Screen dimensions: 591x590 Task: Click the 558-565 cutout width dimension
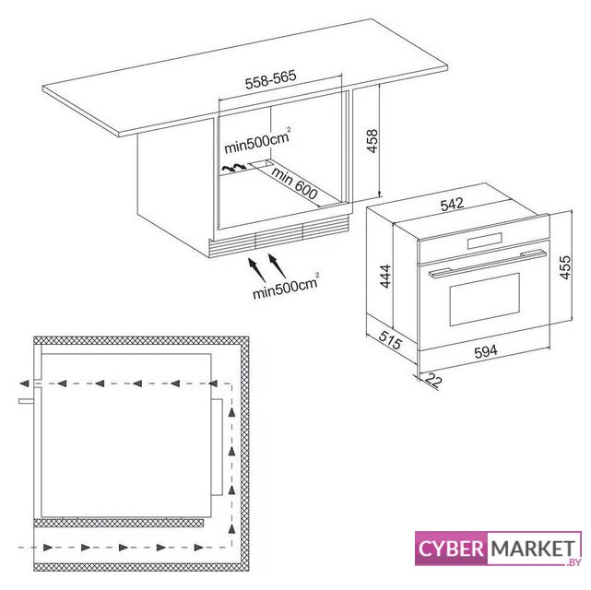[x=271, y=79]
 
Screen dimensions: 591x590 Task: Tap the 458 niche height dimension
[x=372, y=141]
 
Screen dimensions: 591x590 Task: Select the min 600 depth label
[x=294, y=183]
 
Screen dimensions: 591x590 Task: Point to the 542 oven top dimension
[x=452, y=205]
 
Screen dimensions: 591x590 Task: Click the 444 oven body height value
[x=385, y=277]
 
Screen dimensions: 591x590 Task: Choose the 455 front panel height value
[x=565, y=267]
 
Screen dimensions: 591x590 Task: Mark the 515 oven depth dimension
[x=391, y=340]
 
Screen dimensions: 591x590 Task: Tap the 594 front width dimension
[x=486, y=351]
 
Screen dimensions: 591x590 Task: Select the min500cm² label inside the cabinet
[x=258, y=141]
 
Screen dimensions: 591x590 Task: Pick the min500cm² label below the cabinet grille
[x=286, y=286]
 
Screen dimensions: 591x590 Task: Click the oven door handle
[x=488, y=264]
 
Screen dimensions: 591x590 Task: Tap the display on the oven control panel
[x=485, y=241]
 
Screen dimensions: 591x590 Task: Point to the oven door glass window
[x=485, y=300]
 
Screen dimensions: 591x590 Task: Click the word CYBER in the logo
[x=451, y=549]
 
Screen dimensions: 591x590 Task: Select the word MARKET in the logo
[x=533, y=549]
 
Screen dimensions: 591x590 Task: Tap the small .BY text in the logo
[x=573, y=562]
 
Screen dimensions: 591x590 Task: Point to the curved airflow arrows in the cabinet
[x=233, y=168]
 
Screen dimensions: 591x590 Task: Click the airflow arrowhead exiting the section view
[x=24, y=383]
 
